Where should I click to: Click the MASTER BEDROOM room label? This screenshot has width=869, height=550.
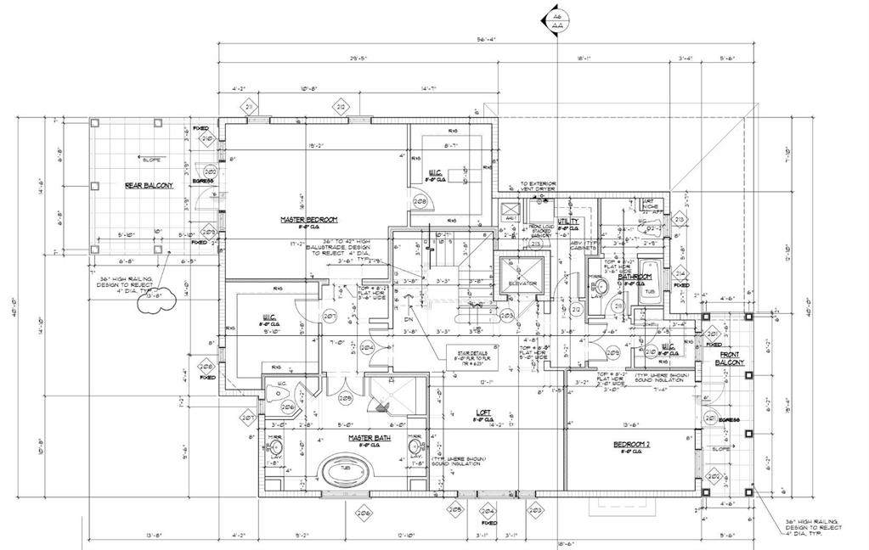click(x=310, y=220)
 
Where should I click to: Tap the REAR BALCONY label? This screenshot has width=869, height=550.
click(x=150, y=185)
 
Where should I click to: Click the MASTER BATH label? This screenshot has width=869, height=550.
click(x=368, y=438)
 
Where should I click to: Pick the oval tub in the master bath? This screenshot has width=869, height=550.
click(x=347, y=469)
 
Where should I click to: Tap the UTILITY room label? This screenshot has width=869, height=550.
click(x=567, y=221)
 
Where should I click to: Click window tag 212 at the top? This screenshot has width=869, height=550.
click(x=341, y=107)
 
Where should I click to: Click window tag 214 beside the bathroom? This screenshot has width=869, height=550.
click(x=680, y=272)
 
